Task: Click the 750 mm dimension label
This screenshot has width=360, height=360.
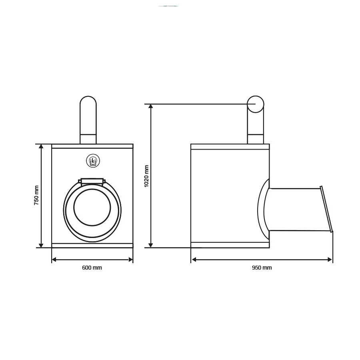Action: point(36,195)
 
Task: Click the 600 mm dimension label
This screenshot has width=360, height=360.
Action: point(92,268)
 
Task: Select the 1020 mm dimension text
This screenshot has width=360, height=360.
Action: point(146,176)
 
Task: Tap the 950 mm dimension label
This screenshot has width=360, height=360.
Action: point(262,268)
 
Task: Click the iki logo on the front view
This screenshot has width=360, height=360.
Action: point(93,161)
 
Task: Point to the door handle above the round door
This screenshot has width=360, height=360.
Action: point(92,181)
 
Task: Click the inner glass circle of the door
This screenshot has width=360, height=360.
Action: point(92,207)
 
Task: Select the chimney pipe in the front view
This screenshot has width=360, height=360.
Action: point(88,120)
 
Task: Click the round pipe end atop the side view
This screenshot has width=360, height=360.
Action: point(256,104)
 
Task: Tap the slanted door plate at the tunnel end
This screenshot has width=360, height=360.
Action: point(326,209)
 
